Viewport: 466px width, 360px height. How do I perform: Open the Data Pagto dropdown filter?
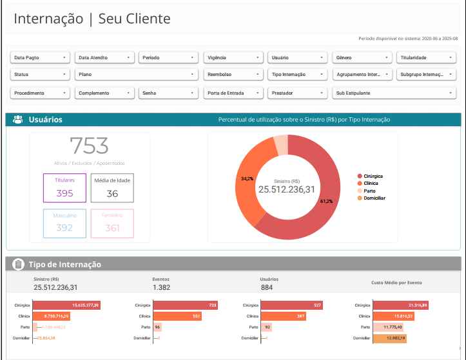[40, 57]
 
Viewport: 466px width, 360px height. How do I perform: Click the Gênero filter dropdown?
[362, 57]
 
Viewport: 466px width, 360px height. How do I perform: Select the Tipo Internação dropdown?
[297, 75]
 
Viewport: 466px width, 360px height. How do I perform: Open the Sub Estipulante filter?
[394, 93]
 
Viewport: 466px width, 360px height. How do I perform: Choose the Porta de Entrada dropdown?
[233, 93]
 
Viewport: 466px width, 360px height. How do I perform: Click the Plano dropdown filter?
[136, 75]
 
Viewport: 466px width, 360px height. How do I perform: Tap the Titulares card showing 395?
[64, 187]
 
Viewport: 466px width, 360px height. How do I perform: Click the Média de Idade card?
[112, 187]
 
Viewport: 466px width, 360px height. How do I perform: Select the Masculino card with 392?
[64, 223]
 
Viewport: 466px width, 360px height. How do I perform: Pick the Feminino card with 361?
[112, 223]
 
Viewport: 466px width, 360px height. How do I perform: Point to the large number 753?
[89, 146]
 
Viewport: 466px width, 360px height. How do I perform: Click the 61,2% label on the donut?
[326, 201]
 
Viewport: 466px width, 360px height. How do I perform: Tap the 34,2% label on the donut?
[247, 178]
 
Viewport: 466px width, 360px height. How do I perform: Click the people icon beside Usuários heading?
[18, 120]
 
